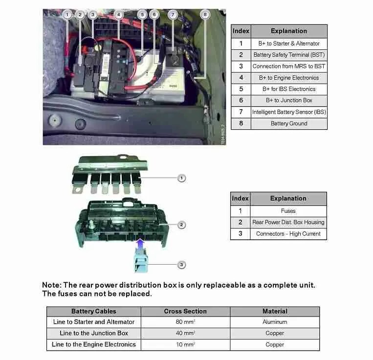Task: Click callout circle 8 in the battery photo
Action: click(x=204, y=15)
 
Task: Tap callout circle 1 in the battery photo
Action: click(x=67, y=15)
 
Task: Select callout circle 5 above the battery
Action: click(x=142, y=15)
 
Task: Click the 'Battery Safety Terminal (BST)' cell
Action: click(x=288, y=55)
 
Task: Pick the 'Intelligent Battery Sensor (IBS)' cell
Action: click(x=288, y=112)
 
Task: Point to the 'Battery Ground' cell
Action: click(x=288, y=123)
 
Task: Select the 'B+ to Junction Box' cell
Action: click(x=288, y=100)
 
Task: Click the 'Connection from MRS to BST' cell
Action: click(x=288, y=66)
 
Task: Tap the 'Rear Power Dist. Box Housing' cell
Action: click(x=288, y=222)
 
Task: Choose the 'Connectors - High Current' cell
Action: click(x=288, y=234)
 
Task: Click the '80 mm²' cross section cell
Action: click(x=185, y=322)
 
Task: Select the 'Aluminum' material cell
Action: click(x=275, y=322)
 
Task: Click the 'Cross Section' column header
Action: click(x=185, y=311)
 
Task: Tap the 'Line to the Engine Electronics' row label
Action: click(x=94, y=344)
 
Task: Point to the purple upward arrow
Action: click(x=140, y=243)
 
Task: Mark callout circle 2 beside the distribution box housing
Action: click(x=181, y=225)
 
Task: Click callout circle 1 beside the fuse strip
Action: click(x=181, y=178)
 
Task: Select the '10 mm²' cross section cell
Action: click(x=185, y=344)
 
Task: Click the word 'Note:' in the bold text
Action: click(x=51, y=285)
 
